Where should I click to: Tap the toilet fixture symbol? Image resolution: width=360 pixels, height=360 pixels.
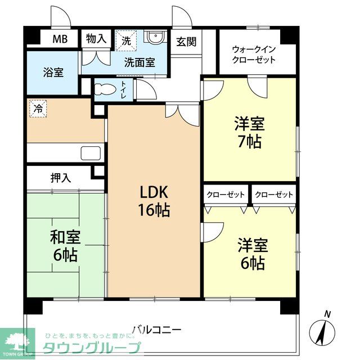105,89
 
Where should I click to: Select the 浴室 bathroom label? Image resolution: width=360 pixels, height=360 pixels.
54,73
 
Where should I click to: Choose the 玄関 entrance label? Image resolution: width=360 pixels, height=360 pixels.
186,42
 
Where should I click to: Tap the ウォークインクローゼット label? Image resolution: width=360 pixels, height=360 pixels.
254,54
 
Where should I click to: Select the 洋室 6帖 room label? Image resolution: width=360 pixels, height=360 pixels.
251,254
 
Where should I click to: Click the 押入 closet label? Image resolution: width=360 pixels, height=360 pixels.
61,178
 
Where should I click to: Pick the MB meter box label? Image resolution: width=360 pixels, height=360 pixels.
60,39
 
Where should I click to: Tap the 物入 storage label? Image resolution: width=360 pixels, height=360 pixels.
96,39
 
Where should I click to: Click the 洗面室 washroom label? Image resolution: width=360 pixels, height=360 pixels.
140,63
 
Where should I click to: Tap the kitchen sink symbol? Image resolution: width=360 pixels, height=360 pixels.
91,153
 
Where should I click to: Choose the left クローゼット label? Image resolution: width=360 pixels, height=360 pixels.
225,195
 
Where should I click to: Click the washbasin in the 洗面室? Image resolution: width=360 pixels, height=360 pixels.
154,38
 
